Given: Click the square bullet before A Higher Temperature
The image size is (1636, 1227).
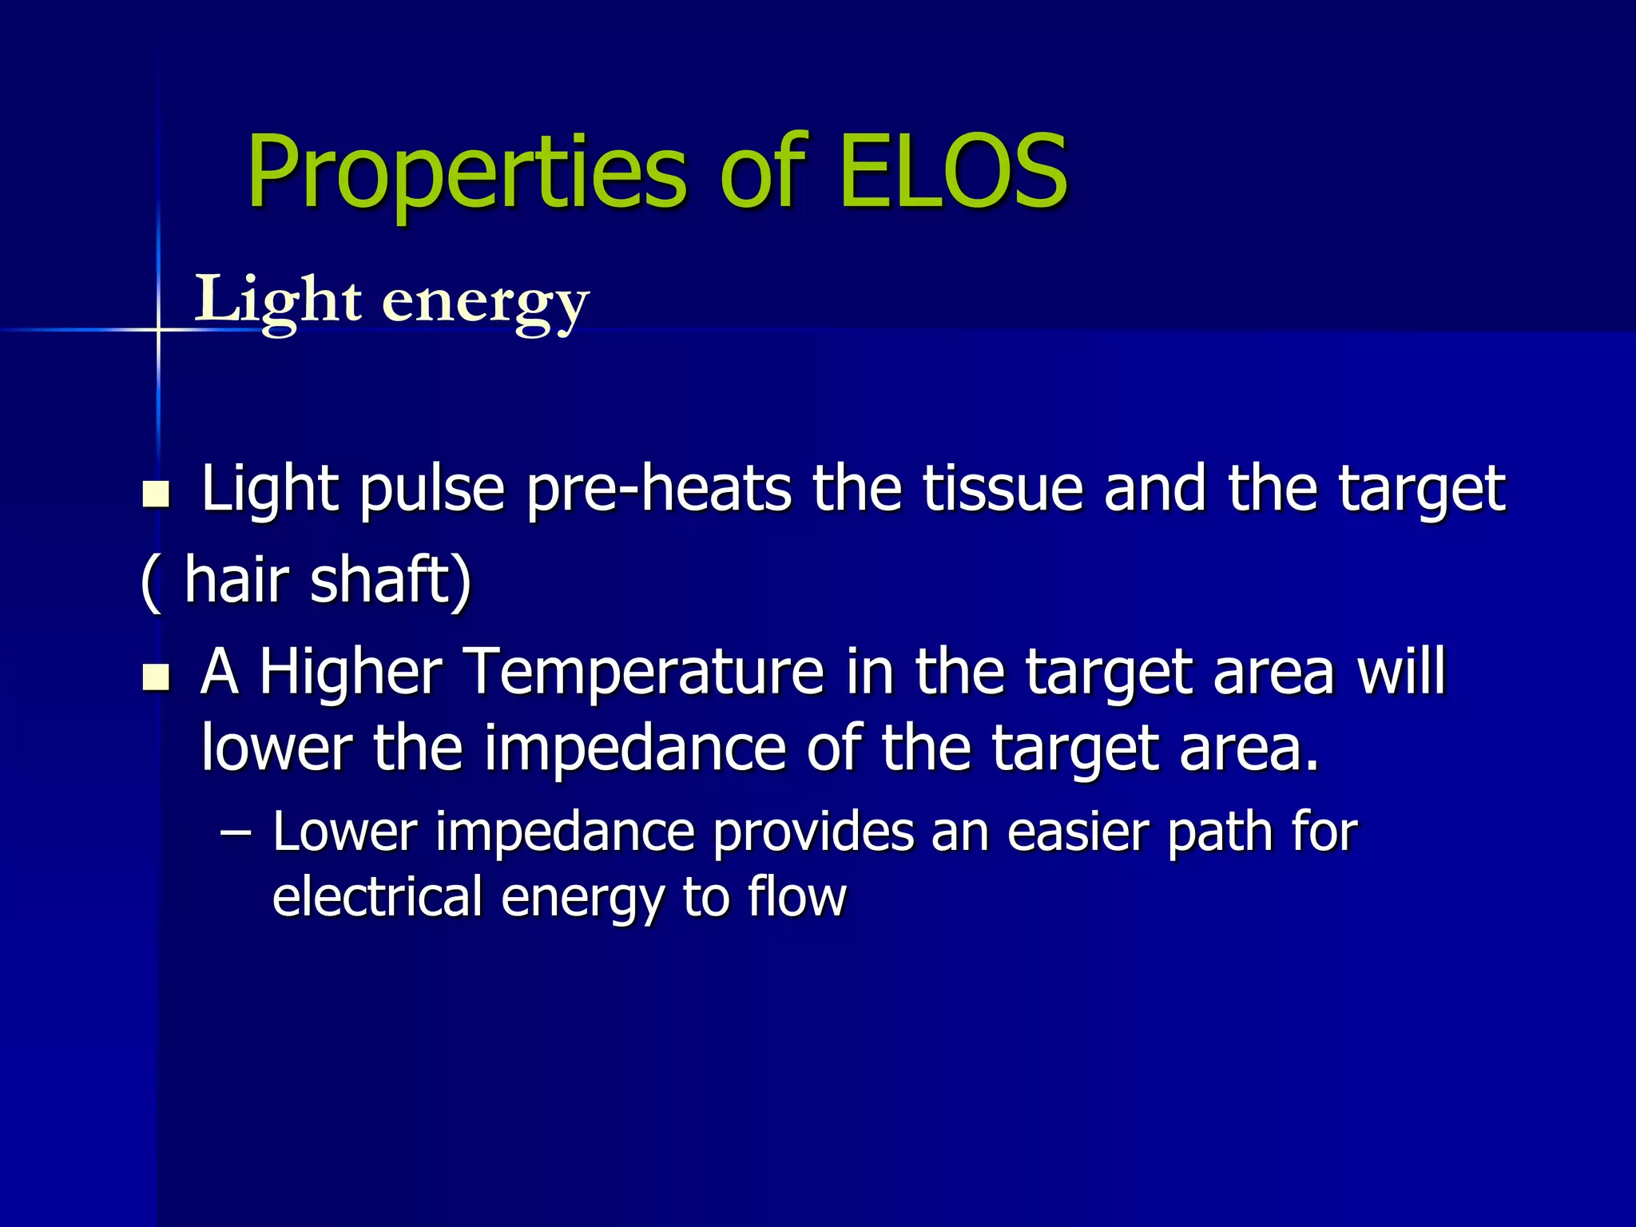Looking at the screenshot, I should (x=156, y=677).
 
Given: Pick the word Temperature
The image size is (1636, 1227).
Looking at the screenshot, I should (x=643, y=671).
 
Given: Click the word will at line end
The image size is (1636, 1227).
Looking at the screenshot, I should (x=1402, y=671).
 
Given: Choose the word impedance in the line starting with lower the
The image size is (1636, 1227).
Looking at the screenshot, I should (x=635, y=748).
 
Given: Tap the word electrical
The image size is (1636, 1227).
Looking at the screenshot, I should (x=377, y=896).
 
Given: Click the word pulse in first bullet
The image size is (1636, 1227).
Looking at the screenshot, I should (x=431, y=489).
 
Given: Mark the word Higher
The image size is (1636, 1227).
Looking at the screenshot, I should (x=350, y=671).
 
